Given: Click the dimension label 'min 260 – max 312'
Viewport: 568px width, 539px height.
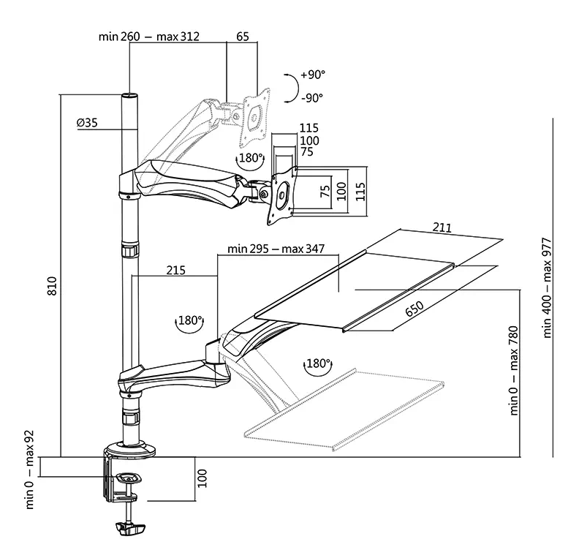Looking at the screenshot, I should coord(149,37).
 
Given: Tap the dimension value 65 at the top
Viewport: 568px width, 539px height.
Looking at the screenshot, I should coord(243,37).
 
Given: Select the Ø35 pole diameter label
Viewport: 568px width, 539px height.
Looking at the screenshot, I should coord(86,123).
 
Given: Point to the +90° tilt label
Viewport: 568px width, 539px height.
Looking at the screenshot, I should coord(311,75).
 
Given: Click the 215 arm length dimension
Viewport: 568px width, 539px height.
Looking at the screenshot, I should coord(175,270).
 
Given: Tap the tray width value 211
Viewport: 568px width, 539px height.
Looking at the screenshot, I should coord(442,228).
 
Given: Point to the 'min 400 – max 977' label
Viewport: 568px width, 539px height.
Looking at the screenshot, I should coord(548,287).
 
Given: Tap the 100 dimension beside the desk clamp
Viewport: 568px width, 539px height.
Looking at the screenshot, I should coord(203,479).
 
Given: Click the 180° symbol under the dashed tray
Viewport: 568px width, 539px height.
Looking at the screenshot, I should coord(318,363).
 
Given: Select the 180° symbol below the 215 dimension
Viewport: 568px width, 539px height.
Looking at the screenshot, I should coord(189,320).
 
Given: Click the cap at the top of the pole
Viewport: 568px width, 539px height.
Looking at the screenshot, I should coord(129,96).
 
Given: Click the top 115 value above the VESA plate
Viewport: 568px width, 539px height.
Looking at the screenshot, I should coord(308,129).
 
